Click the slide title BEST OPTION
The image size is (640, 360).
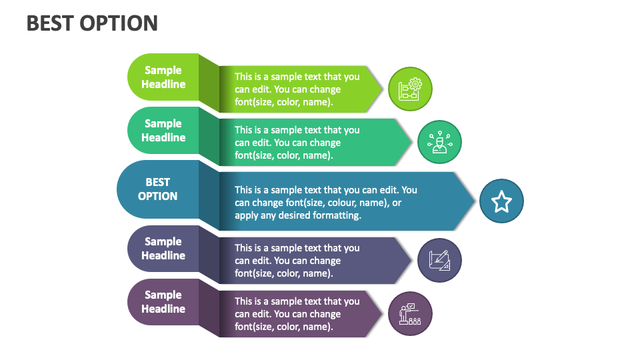pos(92,23)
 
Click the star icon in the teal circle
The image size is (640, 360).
pos(501,201)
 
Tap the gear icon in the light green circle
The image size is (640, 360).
pos(410,89)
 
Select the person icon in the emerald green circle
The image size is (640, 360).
pos(439,143)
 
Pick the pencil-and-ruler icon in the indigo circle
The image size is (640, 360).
pos(439,260)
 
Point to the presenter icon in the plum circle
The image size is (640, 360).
pos(410,313)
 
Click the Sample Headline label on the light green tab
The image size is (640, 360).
pos(163,77)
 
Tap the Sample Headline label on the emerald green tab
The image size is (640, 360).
pos(163,131)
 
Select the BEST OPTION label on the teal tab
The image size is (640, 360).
pos(158,189)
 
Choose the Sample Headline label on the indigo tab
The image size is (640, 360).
pos(163,249)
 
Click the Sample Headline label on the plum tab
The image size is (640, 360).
pos(163,302)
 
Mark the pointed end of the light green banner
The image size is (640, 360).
pos(382,89)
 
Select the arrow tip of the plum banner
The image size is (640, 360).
pos(382,313)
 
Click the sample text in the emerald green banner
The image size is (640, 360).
pos(297,143)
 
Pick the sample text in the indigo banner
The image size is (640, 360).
pos(297,261)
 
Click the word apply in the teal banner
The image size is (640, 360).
pos(247,215)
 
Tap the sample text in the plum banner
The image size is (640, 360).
pos(297,314)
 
